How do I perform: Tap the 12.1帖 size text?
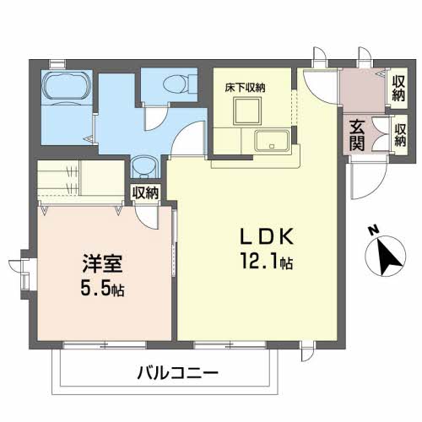tap(268, 263)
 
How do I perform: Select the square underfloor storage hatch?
tap(246, 110)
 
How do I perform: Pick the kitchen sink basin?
tap(273, 140)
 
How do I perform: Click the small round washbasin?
tap(143, 165)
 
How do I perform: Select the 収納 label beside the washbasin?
tap(145, 193)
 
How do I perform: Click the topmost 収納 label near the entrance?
tap(398, 87)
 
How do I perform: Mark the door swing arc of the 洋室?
tap(152, 218)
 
